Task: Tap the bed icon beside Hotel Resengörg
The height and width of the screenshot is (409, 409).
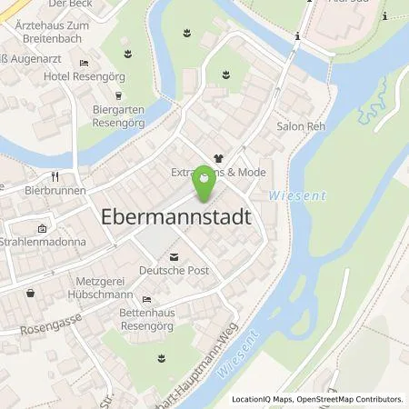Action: click(84, 63)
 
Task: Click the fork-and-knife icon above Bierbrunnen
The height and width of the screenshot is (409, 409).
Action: click(55, 175)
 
